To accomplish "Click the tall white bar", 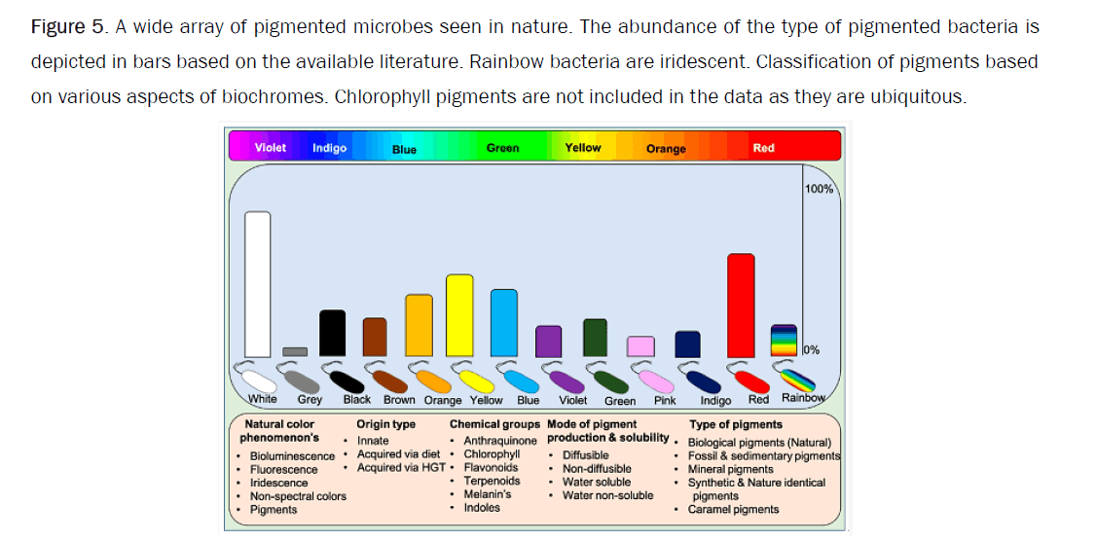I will (257, 284).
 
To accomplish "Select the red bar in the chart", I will (741, 306).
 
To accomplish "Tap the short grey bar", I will (295, 351).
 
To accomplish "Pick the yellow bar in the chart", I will (459, 315).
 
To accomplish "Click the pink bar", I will (640, 346).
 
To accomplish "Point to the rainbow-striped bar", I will (784, 342).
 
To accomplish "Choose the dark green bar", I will (595, 338).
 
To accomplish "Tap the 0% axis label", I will (812, 349).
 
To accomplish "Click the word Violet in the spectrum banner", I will (271, 148).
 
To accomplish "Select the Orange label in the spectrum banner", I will (666, 149).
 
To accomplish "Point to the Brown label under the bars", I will (399, 400).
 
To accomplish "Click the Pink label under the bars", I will (665, 400).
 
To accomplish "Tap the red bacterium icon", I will (748, 378).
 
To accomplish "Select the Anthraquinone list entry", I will (500, 441).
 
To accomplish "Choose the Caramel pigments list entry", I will (733, 509).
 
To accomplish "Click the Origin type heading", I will (385, 424).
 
